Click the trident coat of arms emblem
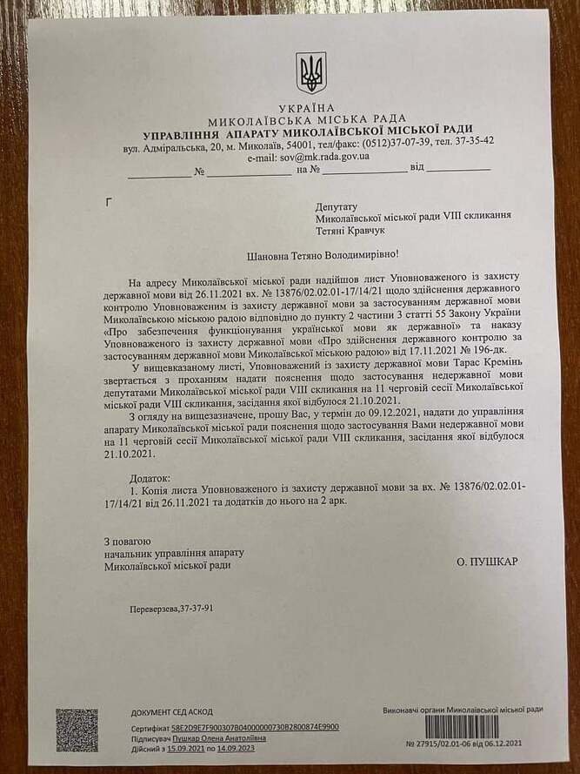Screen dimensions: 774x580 (310, 72)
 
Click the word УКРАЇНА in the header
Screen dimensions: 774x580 (310, 106)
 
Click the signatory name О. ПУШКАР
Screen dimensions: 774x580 (486, 562)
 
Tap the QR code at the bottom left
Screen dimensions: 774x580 (77, 730)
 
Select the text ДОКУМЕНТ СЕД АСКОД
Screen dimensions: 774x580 (172, 712)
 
